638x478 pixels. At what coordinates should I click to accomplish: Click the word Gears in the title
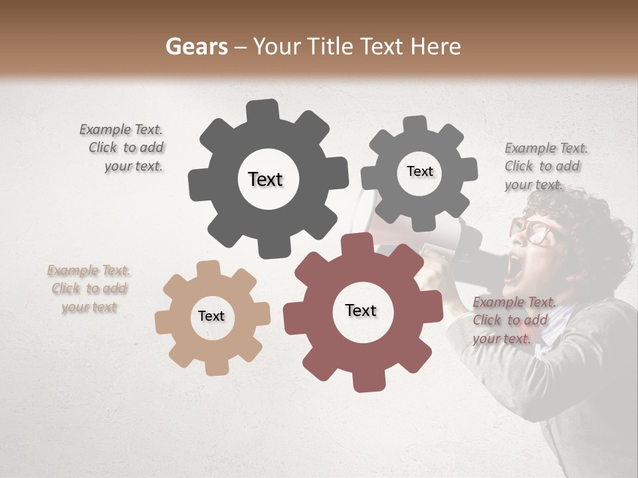point(197,46)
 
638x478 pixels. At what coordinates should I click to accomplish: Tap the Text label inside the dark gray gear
point(265,179)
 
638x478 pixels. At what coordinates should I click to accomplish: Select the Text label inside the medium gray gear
point(419,171)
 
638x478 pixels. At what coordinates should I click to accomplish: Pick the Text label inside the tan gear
point(211,316)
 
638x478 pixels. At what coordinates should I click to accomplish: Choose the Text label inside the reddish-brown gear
point(361,310)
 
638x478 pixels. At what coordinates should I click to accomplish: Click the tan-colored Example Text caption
point(88,289)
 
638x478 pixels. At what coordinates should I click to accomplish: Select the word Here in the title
point(437,46)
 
